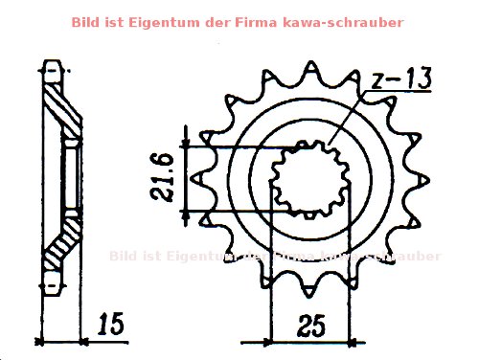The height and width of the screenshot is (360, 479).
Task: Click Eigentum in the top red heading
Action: pos(144,21)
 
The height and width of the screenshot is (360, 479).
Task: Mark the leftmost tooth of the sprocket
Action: pos(197,180)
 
